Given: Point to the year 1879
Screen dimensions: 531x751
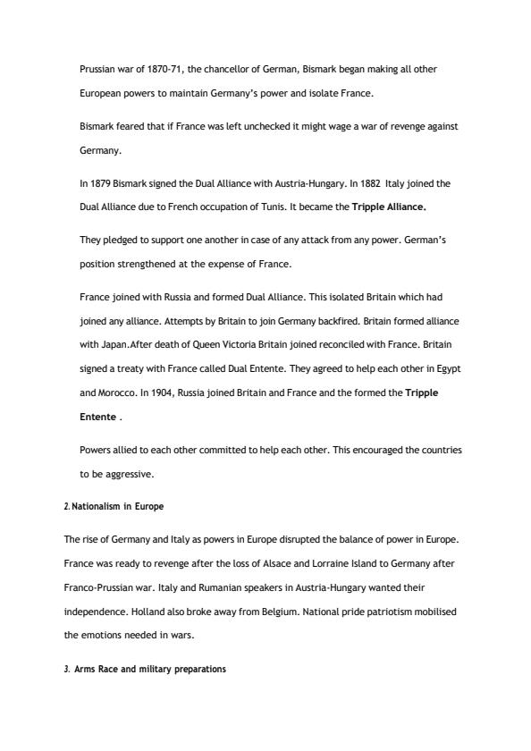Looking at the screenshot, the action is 99,184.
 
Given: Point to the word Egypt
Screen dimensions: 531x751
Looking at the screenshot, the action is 448,369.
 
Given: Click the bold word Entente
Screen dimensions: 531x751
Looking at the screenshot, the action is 97,417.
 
